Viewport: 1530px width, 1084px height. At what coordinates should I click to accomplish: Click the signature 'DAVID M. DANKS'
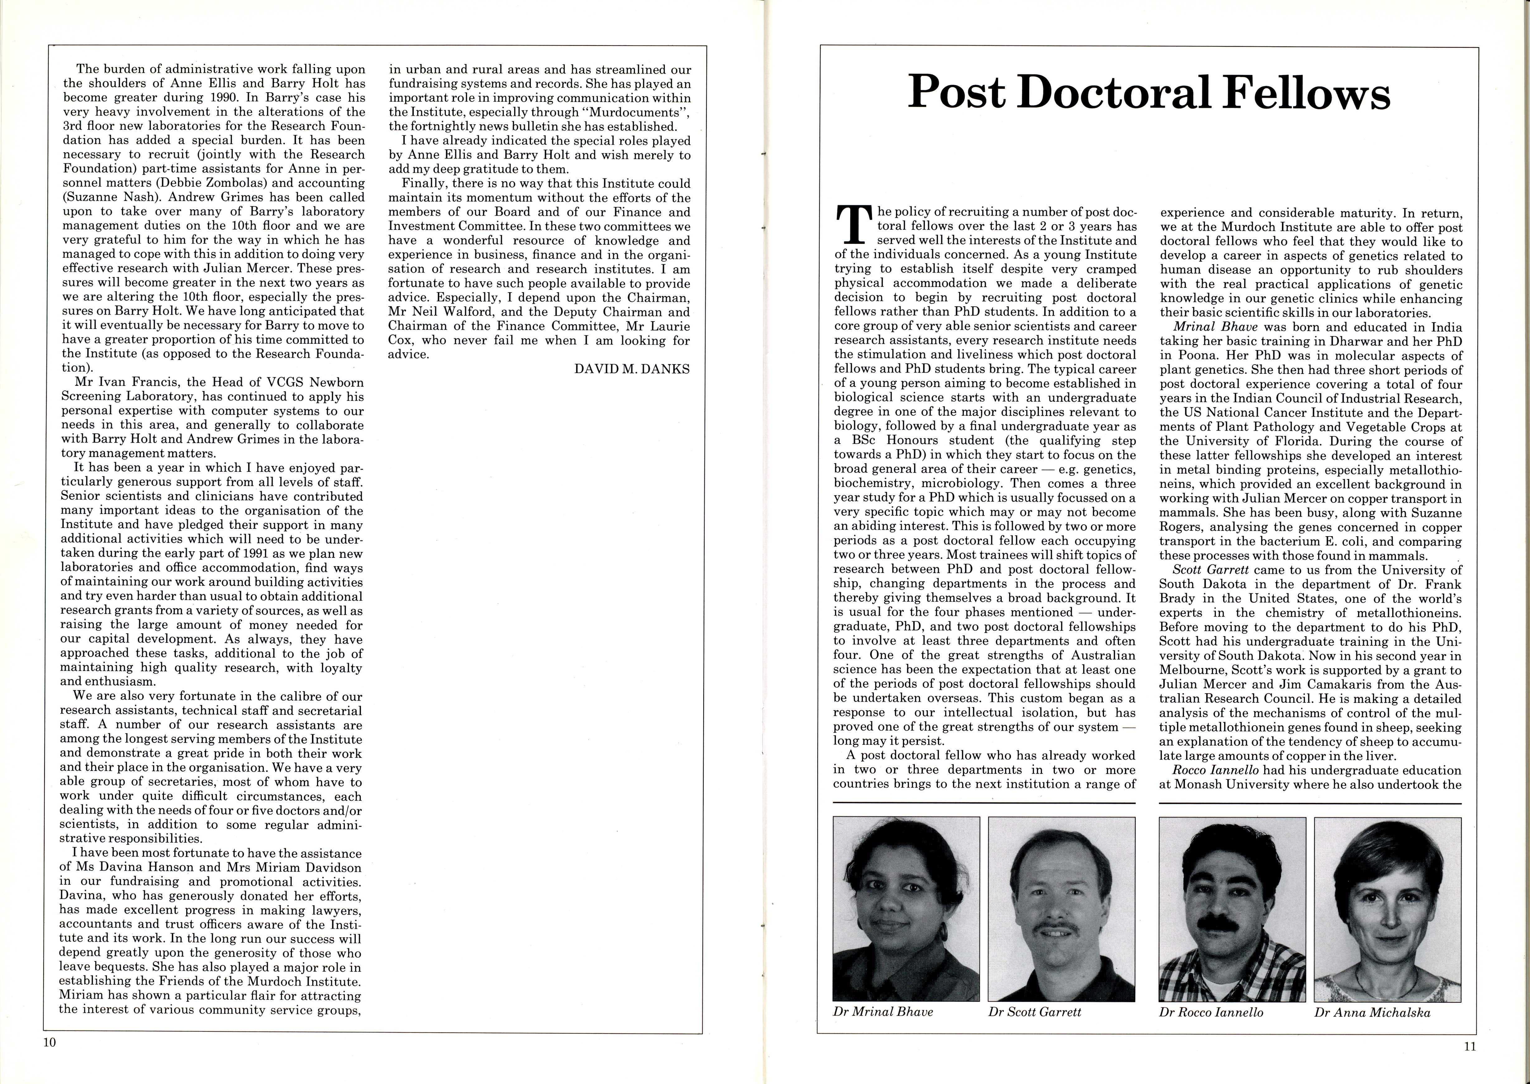click(632, 369)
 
